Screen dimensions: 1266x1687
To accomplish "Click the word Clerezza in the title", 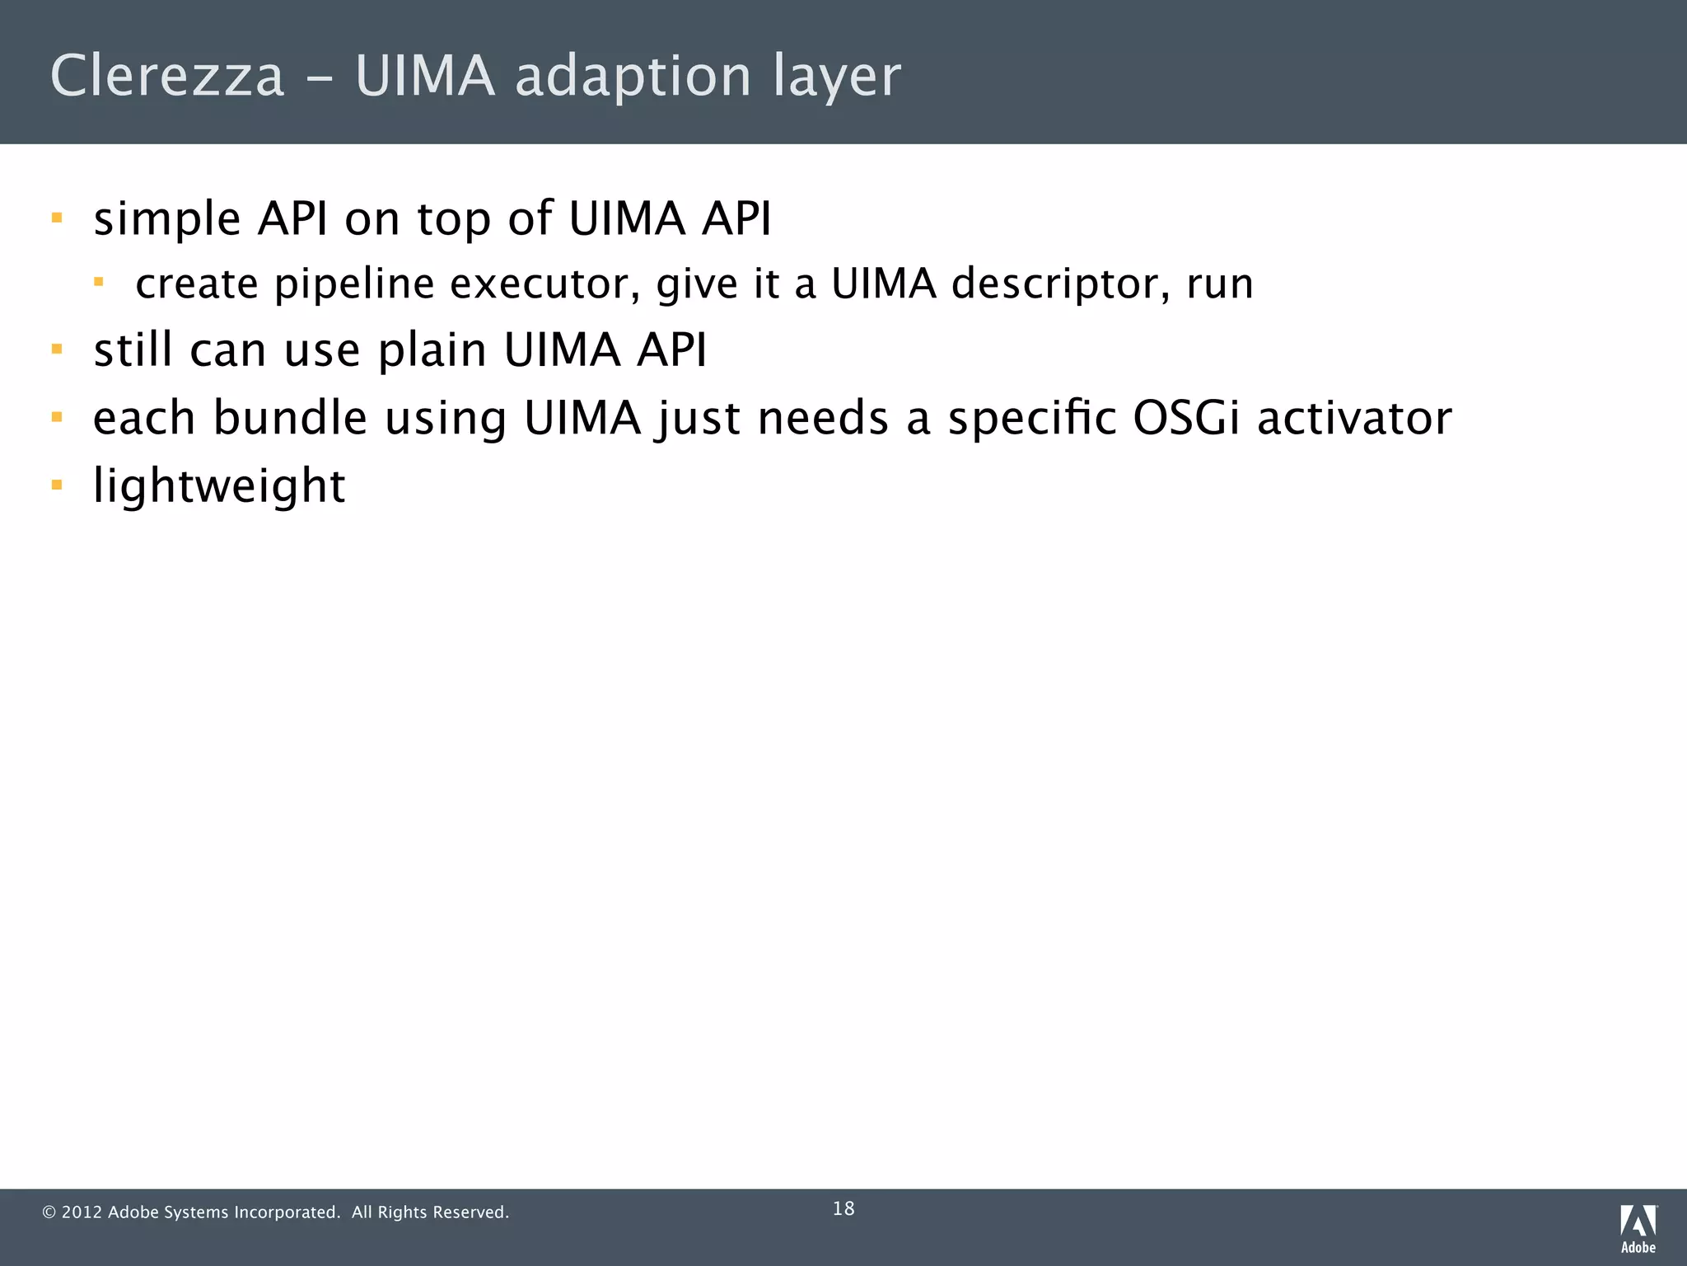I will [167, 76].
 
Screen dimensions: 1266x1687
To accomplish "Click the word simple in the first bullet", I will [167, 219].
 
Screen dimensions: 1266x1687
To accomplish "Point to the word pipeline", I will [354, 284].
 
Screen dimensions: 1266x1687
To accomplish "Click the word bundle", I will [290, 418].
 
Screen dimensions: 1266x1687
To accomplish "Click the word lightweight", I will [219, 485].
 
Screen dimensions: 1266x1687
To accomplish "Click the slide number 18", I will [843, 1209].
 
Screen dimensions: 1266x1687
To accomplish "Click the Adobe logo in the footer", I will [1638, 1227].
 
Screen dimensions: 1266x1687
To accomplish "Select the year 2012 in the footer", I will [82, 1212].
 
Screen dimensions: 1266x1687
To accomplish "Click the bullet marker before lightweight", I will [57, 485].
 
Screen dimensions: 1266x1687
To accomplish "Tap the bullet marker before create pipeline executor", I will [99, 283].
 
